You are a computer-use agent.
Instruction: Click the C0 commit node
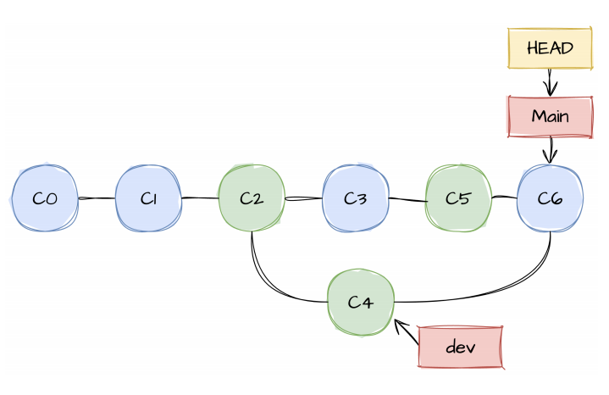(45, 199)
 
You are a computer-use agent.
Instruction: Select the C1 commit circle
(148, 199)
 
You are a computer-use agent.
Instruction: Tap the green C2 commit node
(251, 199)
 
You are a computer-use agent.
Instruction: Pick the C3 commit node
(356, 199)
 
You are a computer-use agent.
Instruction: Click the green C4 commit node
(360, 301)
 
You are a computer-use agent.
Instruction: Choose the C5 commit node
(458, 199)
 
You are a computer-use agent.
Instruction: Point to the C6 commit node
(550, 199)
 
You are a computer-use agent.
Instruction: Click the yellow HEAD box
(550, 48)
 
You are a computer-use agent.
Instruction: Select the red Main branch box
(550, 116)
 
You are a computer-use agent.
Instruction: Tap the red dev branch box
(461, 347)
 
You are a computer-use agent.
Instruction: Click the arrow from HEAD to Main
(551, 82)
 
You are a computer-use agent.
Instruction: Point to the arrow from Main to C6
(551, 150)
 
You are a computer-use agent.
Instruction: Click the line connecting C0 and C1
(97, 199)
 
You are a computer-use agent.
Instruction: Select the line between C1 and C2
(199, 199)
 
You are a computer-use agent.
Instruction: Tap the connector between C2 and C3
(303, 200)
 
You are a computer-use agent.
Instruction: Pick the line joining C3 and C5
(407, 201)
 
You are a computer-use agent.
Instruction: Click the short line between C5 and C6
(504, 197)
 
